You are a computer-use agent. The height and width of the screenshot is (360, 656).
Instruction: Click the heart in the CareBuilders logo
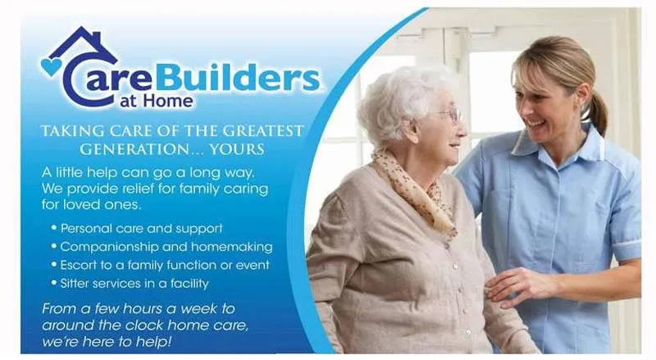click(x=51, y=66)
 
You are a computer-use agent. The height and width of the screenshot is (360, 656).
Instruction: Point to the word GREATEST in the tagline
click(x=258, y=131)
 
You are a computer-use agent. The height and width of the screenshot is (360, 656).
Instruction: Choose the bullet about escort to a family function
click(x=164, y=265)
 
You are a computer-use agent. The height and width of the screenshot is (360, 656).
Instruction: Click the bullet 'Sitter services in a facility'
click(x=134, y=284)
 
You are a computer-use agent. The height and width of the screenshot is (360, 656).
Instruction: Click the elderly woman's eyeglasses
click(x=447, y=114)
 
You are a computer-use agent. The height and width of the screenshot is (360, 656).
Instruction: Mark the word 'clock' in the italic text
click(x=132, y=324)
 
